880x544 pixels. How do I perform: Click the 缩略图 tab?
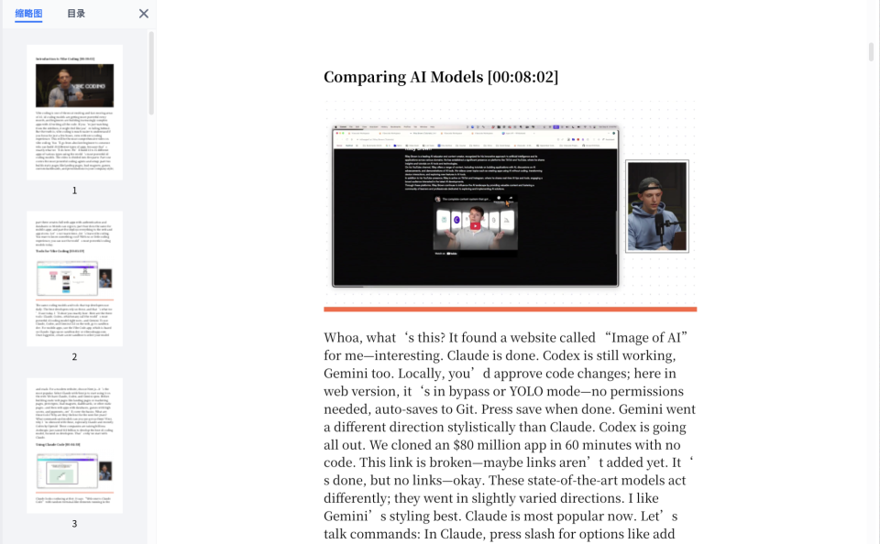pyautogui.click(x=28, y=14)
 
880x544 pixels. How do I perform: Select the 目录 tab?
pyautogui.click(x=76, y=14)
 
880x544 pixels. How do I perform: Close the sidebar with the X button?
pyautogui.click(x=143, y=14)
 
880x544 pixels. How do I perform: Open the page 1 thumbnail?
pyautogui.click(x=74, y=112)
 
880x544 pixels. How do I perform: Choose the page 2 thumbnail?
pyautogui.click(x=74, y=278)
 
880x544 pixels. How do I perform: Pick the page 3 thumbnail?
pyautogui.click(x=74, y=445)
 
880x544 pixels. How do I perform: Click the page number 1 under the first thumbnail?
pyautogui.click(x=74, y=190)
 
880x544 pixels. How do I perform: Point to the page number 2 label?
pyautogui.click(x=74, y=357)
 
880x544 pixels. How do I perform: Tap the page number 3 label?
pyautogui.click(x=74, y=524)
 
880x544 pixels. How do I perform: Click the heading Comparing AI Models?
pyautogui.click(x=403, y=77)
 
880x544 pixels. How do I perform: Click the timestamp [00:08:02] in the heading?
pyautogui.click(x=522, y=77)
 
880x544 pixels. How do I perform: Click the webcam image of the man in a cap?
pyautogui.click(x=656, y=206)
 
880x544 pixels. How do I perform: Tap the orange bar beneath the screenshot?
pyautogui.click(x=510, y=309)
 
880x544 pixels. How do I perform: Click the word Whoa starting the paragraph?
pyautogui.click(x=344, y=338)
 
